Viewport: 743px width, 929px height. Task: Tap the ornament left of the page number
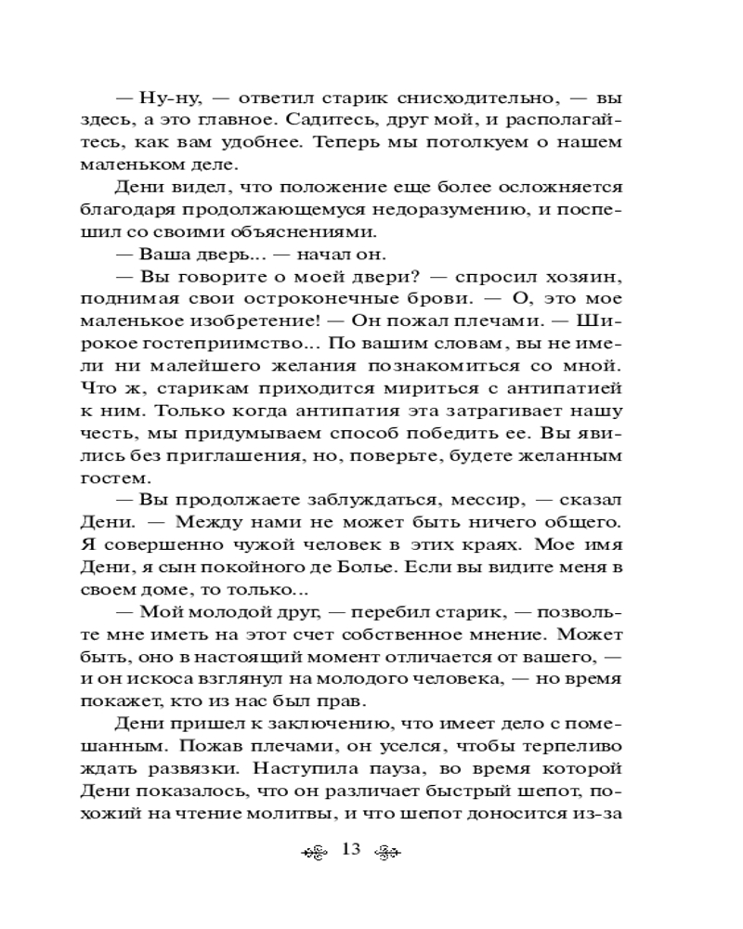pos(317,851)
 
